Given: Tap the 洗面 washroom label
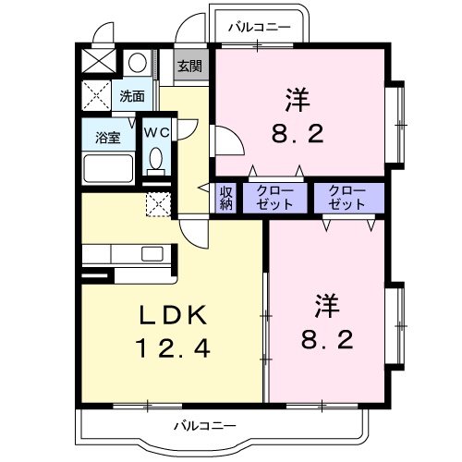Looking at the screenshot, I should pos(131,95).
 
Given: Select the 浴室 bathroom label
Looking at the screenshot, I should pos(108,138).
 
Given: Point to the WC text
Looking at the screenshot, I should pos(155,131).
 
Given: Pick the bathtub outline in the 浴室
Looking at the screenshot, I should pos(109,168).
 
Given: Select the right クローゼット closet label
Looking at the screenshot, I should pos(346,197).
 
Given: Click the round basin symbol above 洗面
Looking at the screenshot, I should pos(137,63).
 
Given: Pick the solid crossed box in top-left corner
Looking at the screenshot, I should pos(98,61).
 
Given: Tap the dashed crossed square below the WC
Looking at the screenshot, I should pos(158,202).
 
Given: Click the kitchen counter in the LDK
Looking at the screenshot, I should pos(125,254).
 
